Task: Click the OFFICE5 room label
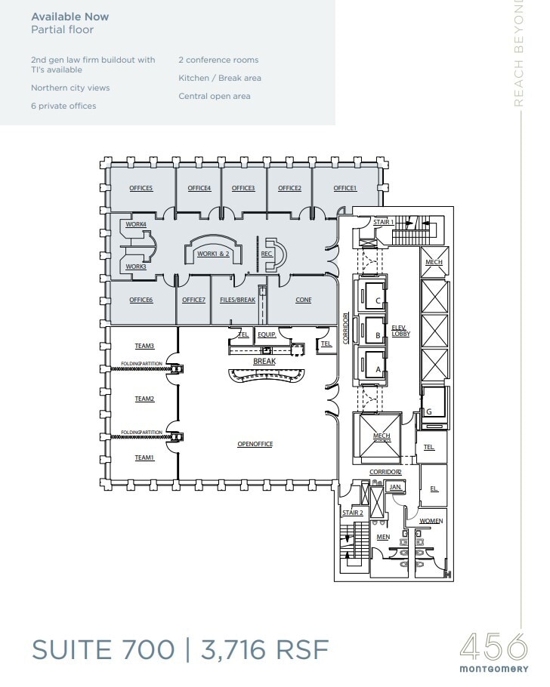point(141,188)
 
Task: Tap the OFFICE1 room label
point(345,188)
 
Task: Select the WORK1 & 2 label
point(212,254)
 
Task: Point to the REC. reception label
point(266,254)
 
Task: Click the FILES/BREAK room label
point(237,300)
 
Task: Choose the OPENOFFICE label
point(255,444)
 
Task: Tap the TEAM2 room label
point(144,399)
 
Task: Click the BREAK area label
point(264,362)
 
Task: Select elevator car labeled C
point(377,300)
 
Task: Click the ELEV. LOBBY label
point(400,330)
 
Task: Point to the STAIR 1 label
point(384,222)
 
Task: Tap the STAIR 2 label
point(353,513)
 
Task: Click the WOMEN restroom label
point(431,521)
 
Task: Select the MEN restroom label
point(382,537)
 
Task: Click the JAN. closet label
point(395,488)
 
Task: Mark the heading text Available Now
point(70,17)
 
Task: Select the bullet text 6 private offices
point(63,106)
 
